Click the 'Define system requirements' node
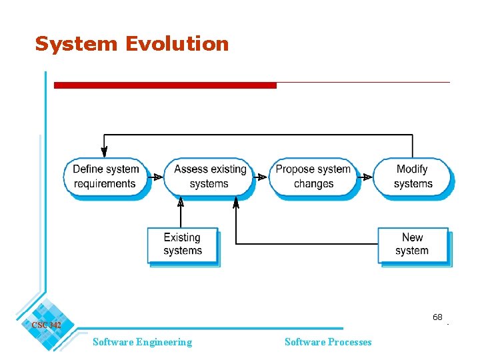pos(105,177)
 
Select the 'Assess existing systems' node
pos(209,177)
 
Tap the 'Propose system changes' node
pos(313,177)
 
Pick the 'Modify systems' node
pos(413,177)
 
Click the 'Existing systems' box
pos(182,244)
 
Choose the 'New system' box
pos(412,244)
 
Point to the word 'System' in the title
pos(75,44)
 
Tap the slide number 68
pos(437,317)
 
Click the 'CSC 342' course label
pos(46,325)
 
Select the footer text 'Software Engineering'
pos(142,342)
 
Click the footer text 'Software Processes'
pos(328,342)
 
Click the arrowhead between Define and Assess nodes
pos(157,177)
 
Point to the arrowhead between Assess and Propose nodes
pos(263,177)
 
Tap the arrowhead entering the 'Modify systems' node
pos(366,177)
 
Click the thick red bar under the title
pos(165,85)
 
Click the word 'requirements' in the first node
pos(105,184)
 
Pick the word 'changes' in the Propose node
pos(313,184)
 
